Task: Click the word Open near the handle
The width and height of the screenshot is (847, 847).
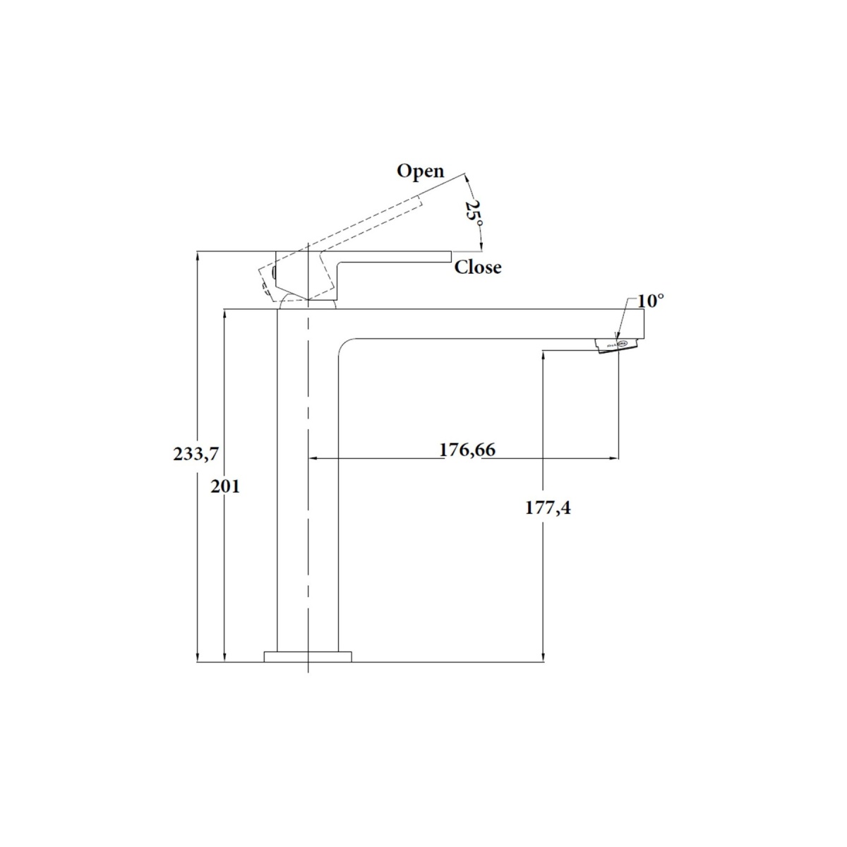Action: click(x=420, y=172)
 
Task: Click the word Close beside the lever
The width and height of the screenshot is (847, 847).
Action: click(x=477, y=268)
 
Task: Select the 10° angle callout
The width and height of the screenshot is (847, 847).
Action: click(x=651, y=301)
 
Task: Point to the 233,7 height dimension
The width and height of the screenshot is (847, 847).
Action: click(x=196, y=454)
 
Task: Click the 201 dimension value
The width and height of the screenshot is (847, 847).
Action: click(x=225, y=486)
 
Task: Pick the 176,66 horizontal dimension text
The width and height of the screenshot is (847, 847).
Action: click(x=467, y=449)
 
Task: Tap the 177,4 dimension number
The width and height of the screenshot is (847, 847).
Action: click(x=548, y=507)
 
